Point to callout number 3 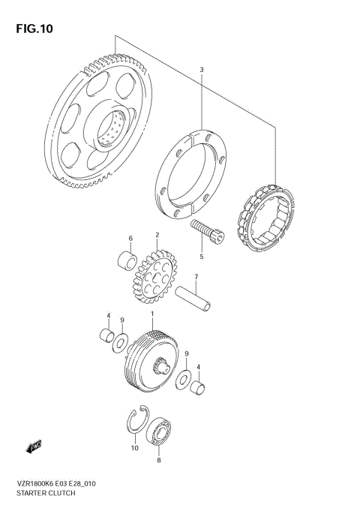coord(201,71)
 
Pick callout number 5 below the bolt coord(201,257)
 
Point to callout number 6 coord(130,239)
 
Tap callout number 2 coord(157,235)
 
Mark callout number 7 coord(195,278)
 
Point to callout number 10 coord(134,449)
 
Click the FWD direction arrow coord(34,448)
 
